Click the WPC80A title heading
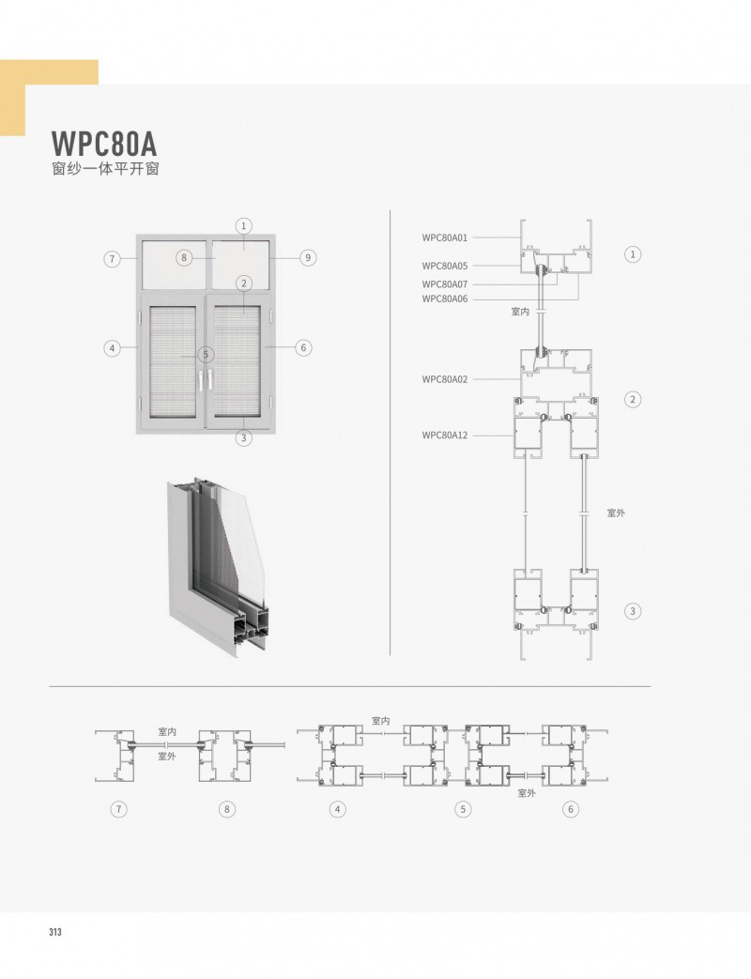[x=103, y=144]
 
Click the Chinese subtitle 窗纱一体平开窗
[x=105, y=169]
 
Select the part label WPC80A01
[x=444, y=237]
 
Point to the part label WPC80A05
[x=444, y=266]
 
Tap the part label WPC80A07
[x=444, y=284]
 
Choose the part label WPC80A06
[x=444, y=298]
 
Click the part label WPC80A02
[x=444, y=379]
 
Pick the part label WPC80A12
[x=444, y=436]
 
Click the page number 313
[x=55, y=931]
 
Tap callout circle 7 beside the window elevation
[x=112, y=258]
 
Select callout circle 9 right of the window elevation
[x=308, y=257]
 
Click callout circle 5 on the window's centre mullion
[x=206, y=355]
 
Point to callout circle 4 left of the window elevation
[x=112, y=348]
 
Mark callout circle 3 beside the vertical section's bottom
[x=633, y=611]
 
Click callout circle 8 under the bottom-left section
[x=226, y=809]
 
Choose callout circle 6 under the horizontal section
[x=570, y=809]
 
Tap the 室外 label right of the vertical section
[x=616, y=512]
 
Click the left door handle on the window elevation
[x=201, y=380]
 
